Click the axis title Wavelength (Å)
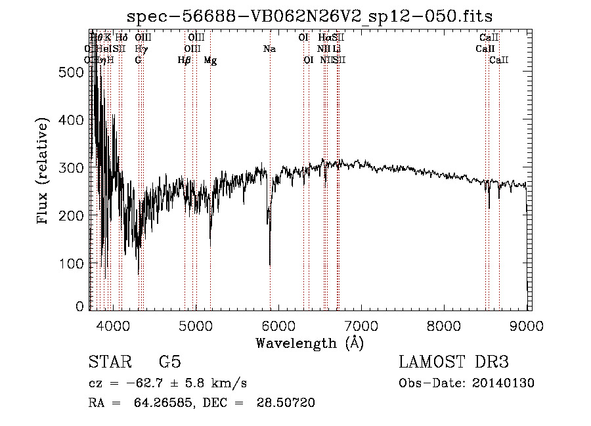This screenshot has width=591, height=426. (x=309, y=343)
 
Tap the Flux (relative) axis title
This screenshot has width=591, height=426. (x=44, y=172)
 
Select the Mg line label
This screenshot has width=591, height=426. (x=210, y=60)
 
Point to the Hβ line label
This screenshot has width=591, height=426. (x=185, y=60)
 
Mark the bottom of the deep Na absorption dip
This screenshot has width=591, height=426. (x=270, y=265)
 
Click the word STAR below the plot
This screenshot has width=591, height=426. (x=110, y=362)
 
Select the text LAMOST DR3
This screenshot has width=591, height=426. (x=454, y=362)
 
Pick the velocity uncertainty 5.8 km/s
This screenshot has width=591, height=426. (x=211, y=383)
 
